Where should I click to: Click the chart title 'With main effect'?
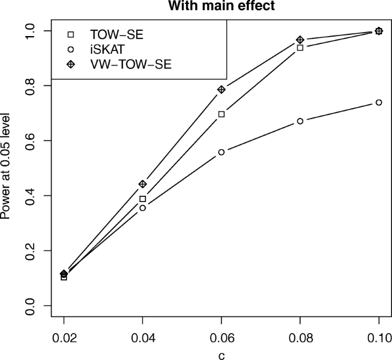(x=221, y=7)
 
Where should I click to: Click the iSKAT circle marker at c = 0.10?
(x=379, y=102)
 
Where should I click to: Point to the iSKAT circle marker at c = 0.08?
(x=300, y=121)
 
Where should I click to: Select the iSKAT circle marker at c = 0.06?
(x=221, y=152)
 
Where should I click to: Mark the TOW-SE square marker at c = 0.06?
(x=221, y=114)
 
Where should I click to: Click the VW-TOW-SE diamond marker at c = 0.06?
(x=221, y=89)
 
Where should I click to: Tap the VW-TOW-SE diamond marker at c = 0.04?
(x=142, y=184)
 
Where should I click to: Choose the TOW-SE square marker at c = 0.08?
(x=300, y=48)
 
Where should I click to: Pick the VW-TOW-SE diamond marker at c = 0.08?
(x=300, y=40)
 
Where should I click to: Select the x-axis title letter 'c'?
(x=221, y=354)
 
